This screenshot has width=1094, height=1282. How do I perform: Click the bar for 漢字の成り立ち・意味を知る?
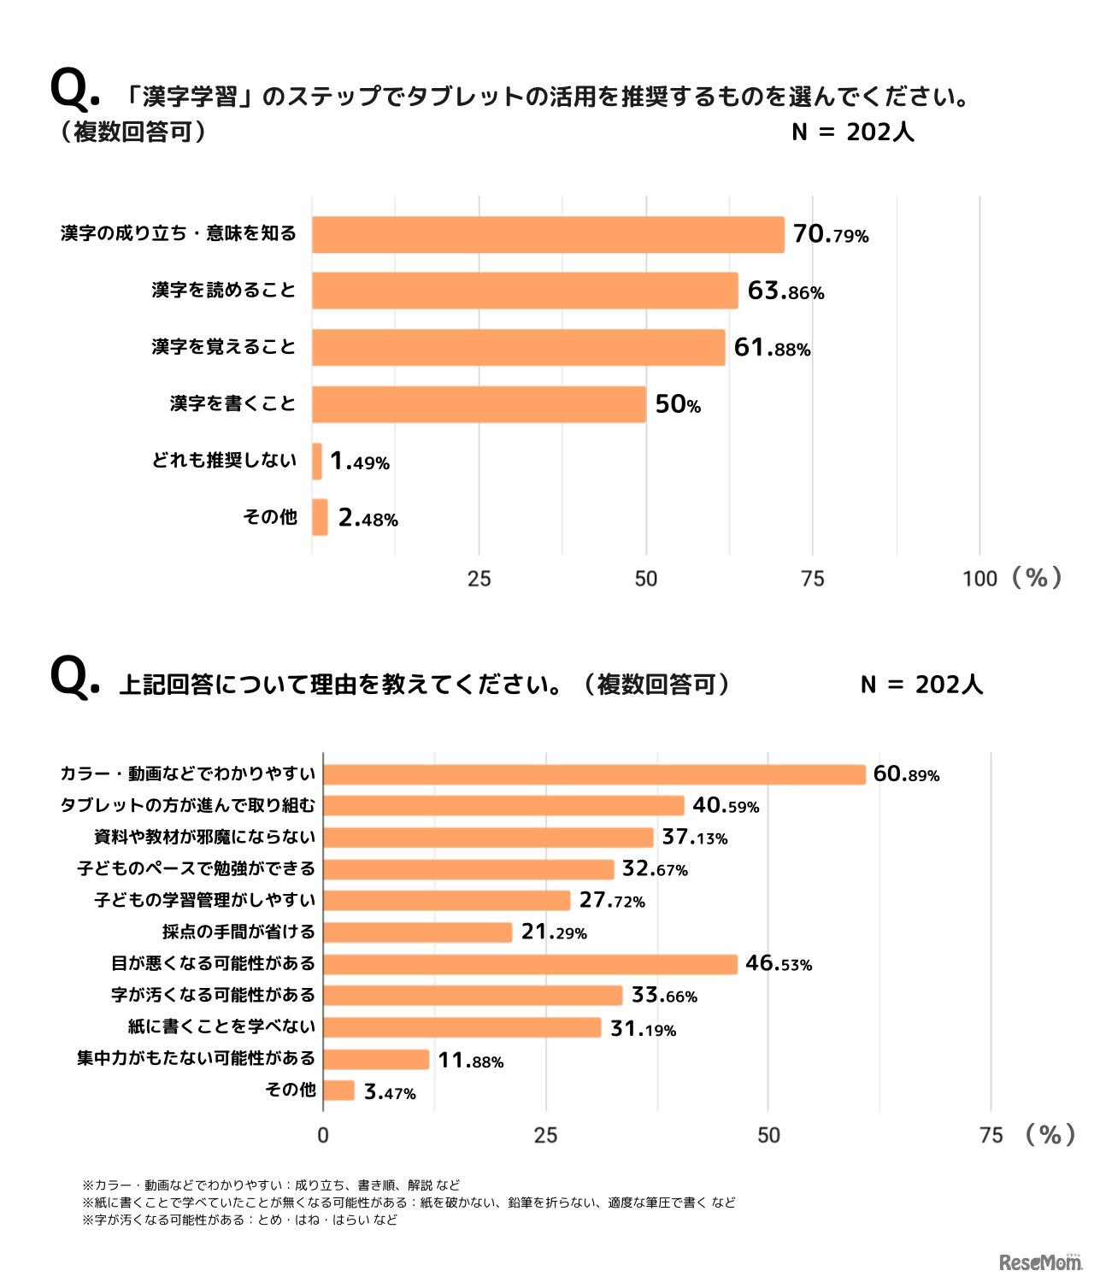coord(547,235)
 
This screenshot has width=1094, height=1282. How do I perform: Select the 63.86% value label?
coord(785,291)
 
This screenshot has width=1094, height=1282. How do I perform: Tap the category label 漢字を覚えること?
coord(224,347)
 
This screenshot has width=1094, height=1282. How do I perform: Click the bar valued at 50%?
coord(479,404)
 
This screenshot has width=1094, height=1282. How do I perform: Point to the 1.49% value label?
coord(360,462)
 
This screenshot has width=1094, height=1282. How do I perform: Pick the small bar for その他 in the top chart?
coord(320,517)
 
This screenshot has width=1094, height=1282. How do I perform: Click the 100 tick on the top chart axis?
coord(979,579)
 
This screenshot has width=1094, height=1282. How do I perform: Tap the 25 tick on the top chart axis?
coord(479,579)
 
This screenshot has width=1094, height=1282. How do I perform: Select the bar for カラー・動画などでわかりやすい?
coord(594,774)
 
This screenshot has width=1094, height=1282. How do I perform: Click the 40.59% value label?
coord(726,805)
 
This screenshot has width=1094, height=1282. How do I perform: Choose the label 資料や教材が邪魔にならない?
coord(205,837)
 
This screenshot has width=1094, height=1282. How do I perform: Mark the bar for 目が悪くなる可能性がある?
coord(530,964)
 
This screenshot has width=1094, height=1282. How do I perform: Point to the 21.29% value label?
coord(554,932)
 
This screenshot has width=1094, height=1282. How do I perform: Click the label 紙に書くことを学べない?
coord(222,1026)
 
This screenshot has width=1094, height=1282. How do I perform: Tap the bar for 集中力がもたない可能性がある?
coord(376,1060)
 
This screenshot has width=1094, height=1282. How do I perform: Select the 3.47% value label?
coord(390,1092)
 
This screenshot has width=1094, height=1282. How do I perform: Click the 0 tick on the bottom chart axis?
coord(323,1135)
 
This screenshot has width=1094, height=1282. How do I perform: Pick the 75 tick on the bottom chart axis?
coord(991,1135)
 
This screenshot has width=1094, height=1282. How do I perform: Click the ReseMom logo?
coord(1039,1261)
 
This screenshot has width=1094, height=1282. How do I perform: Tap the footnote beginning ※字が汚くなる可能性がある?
coord(239,1220)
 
